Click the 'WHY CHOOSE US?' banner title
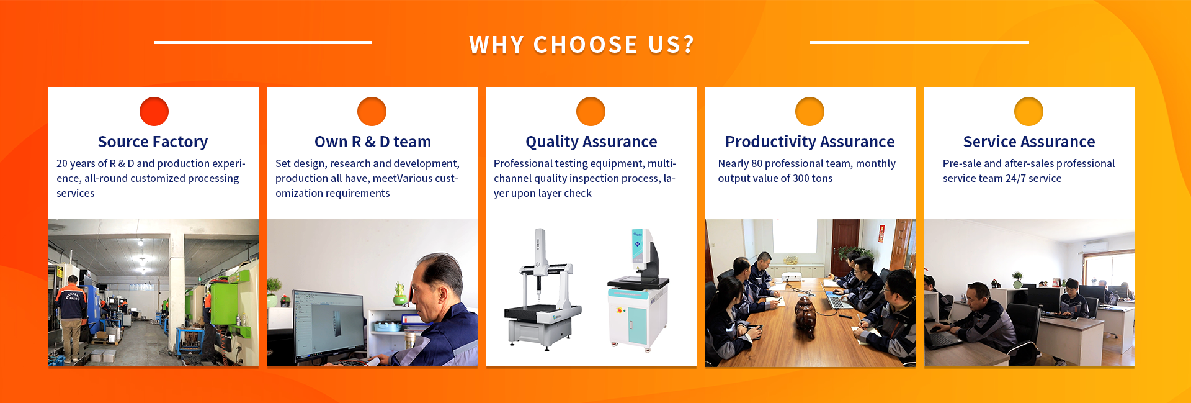[581, 45]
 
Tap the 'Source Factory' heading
[153, 142]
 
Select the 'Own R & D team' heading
[372, 142]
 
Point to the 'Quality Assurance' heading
[591, 142]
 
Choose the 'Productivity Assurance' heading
[810, 142]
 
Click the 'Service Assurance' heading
[1029, 142]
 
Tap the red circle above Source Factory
[154, 112]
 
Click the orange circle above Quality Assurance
[591, 112]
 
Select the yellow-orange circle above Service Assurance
[1028, 112]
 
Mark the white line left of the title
[263, 42]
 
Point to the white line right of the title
[919, 42]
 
